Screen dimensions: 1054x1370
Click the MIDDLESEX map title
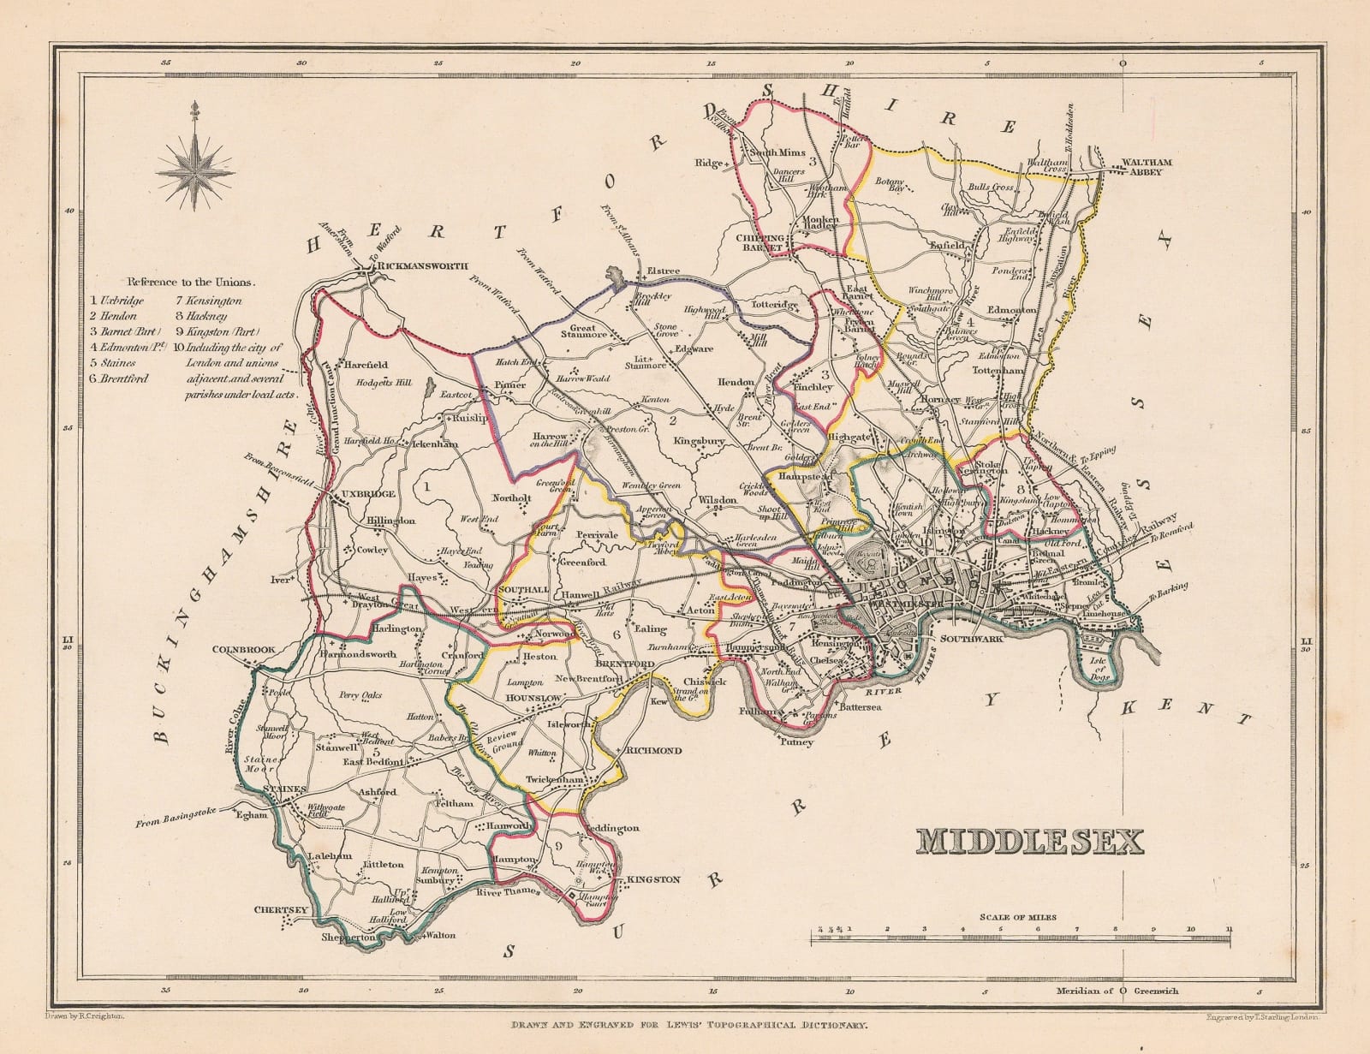(1030, 842)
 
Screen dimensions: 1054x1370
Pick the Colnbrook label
(244, 649)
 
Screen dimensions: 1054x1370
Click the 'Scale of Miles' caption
(1022, 917)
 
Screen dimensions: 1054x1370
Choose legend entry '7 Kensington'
(209, 301)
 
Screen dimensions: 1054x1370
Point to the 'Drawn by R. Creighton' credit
(82, 1015)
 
